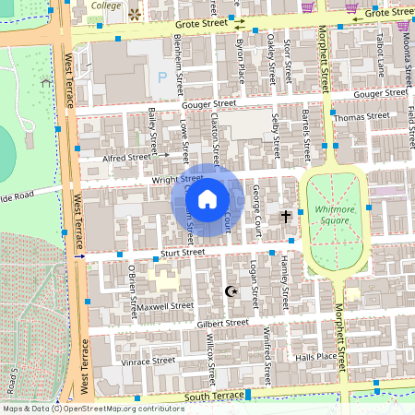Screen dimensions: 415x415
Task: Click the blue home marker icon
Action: point(207,199)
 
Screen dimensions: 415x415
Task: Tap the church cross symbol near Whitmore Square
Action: point(286,216)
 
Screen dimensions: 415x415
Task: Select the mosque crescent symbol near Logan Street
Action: point(231,291)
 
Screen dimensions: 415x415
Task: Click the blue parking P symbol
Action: point(163,77)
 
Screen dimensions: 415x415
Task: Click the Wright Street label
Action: point(177,178)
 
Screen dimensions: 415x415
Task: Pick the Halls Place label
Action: point(315,356)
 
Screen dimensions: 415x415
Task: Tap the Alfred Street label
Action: point(126,158)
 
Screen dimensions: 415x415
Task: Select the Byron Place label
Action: point(242,55)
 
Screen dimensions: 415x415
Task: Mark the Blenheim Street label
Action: point(181,65)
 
